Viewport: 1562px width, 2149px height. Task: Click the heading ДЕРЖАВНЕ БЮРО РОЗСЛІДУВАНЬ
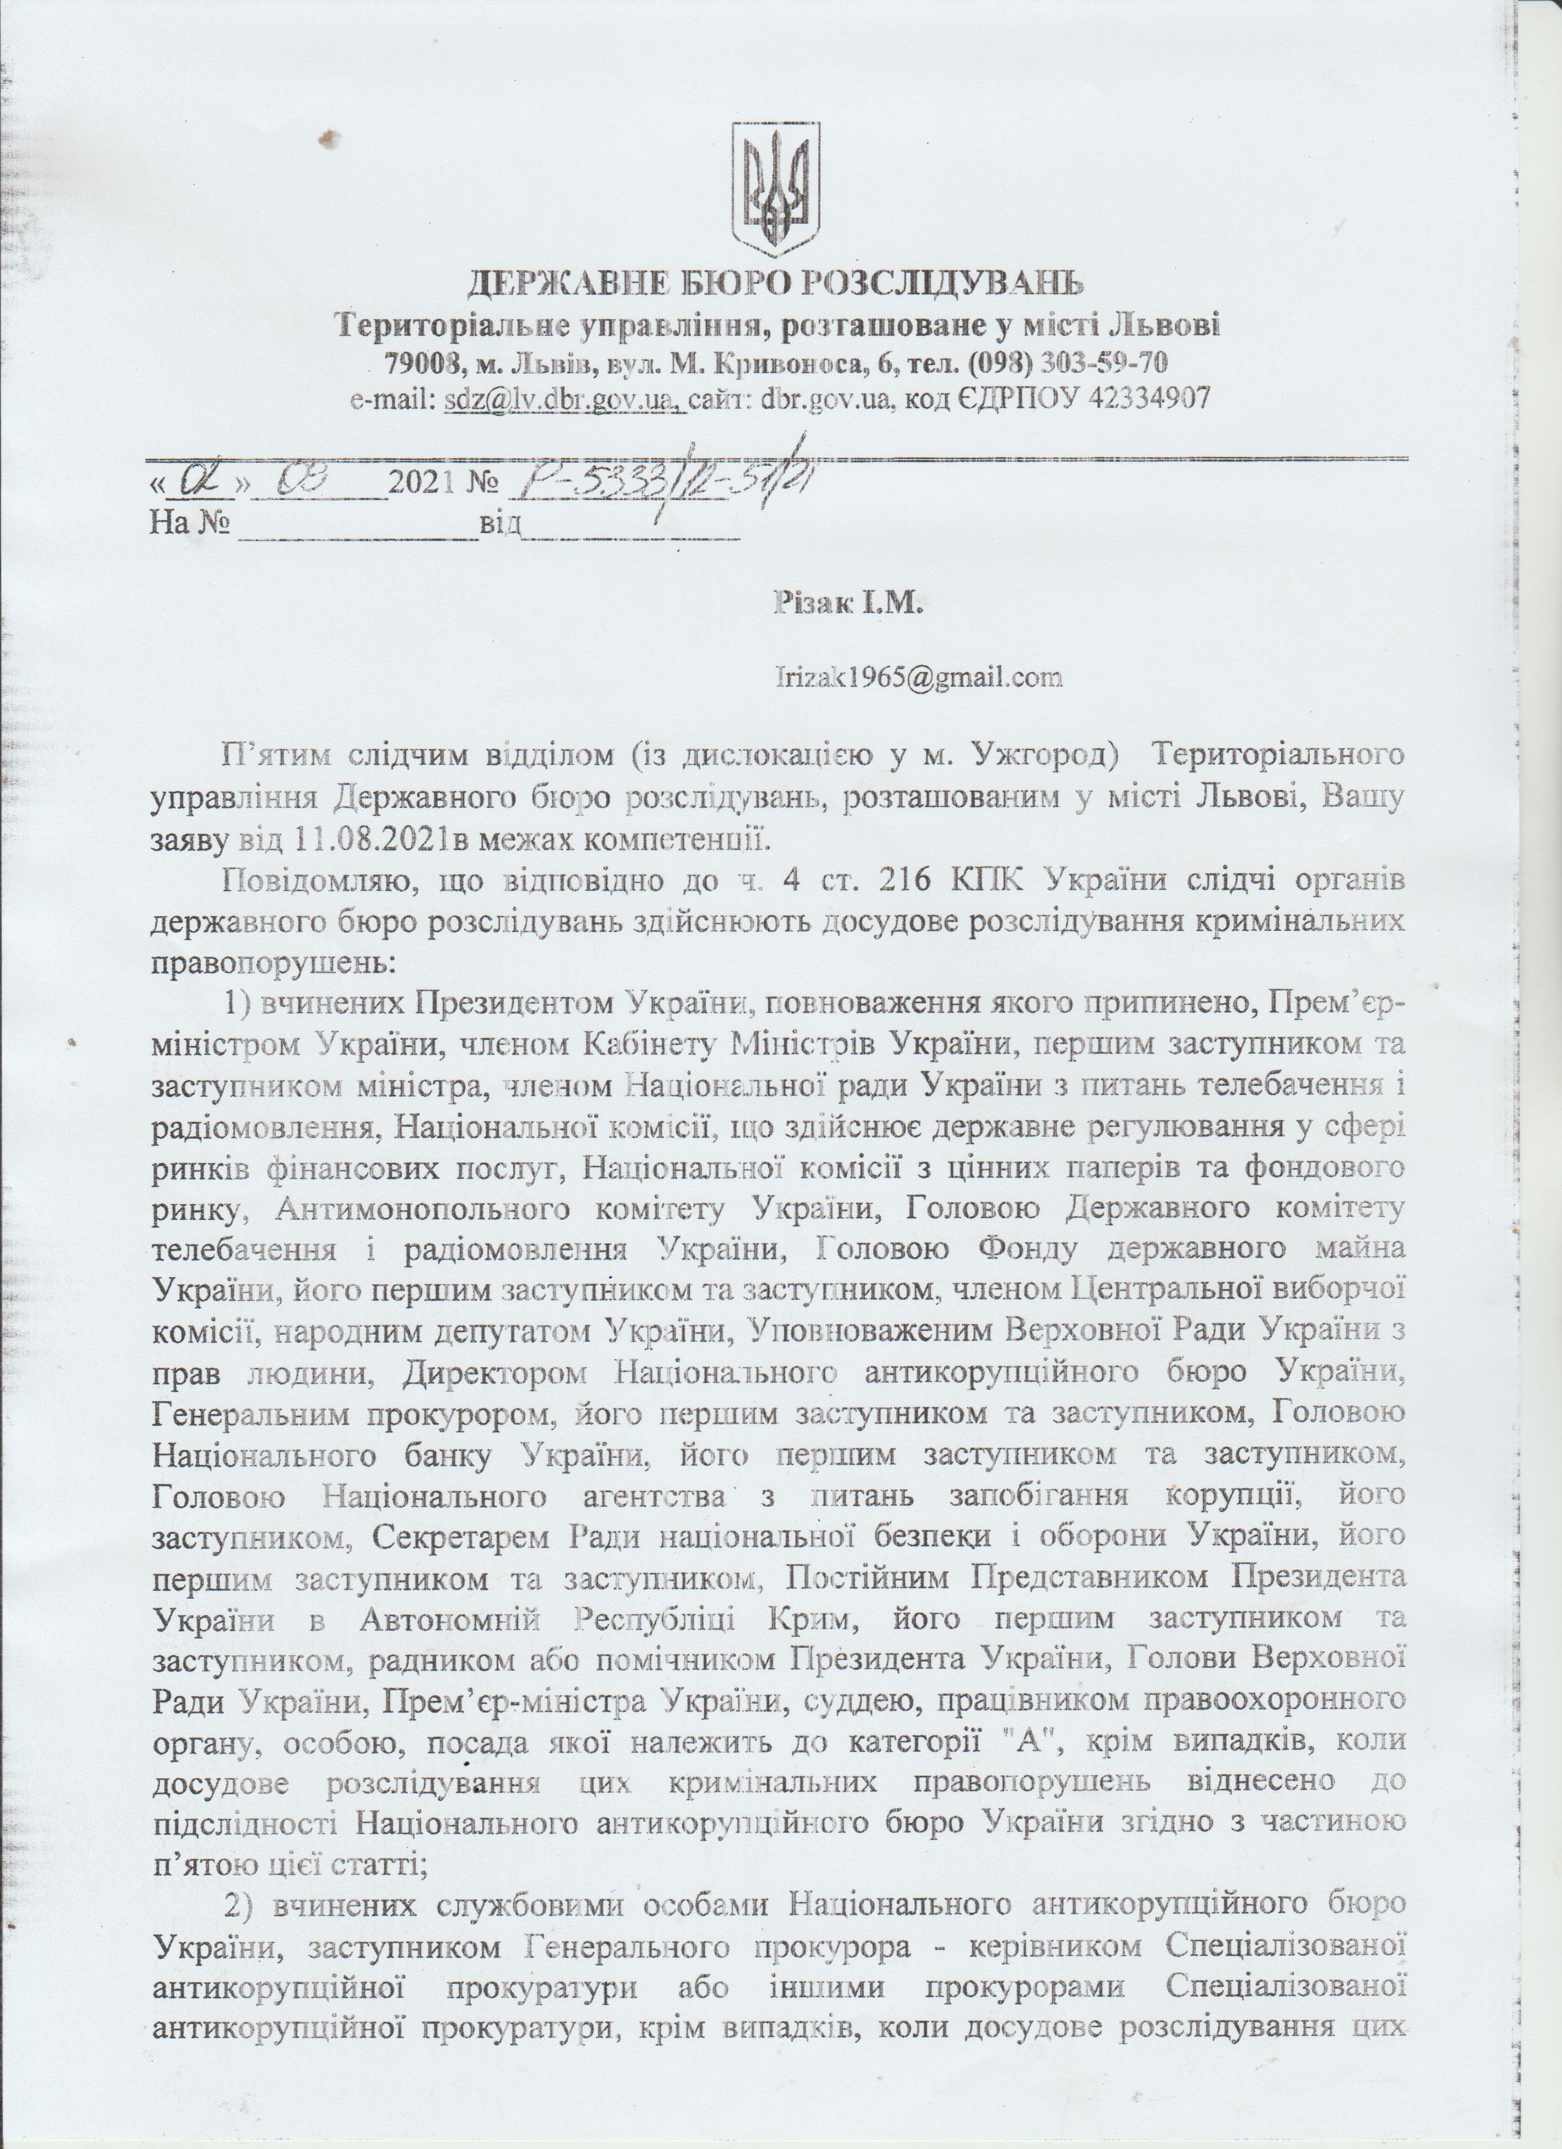click(x=777, y=283)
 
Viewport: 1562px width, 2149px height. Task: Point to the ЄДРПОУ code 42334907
click(x=1150, y=399)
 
